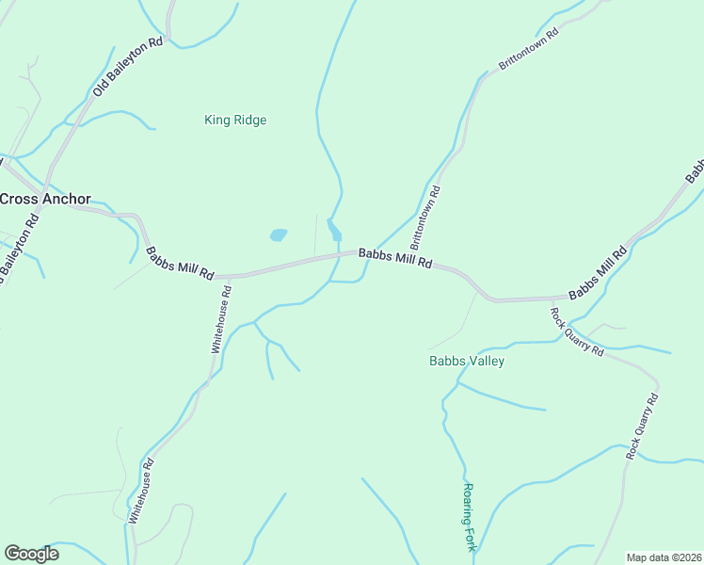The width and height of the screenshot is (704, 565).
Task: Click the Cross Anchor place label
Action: coord(45,199)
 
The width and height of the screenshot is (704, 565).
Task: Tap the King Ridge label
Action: coord(235,120)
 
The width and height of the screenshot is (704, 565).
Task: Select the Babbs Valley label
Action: coord(467,361)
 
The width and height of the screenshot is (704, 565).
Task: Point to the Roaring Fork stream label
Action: coord(470,517)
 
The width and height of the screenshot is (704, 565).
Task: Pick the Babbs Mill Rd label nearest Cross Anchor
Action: coord(180,263)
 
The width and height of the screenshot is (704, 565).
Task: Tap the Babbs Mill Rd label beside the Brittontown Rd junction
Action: coord(394,259)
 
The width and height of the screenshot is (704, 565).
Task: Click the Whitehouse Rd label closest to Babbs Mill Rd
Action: coord(220,320)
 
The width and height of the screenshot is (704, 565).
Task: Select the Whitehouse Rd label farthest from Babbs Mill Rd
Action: coord(141,491)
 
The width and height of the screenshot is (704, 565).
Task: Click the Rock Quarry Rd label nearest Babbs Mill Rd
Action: coord(577,331)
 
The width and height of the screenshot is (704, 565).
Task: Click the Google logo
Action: coord(31,554)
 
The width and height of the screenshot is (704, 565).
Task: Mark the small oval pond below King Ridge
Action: coord(279,234)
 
